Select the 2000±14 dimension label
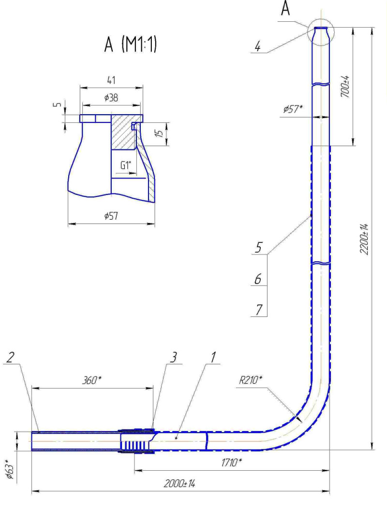(179, 484)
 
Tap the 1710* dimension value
(232, 462)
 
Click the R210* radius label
(250, 379)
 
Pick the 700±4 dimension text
(345, 87)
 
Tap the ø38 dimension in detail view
(111, 98)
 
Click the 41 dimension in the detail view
(111, 80)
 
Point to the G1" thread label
(126, 165)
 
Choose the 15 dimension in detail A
(160, 133)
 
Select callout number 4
(257, 47)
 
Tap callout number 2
(10, 358)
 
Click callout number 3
(174, 358)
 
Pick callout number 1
(213, 358)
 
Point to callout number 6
(258, 279)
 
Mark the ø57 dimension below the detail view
(111, 216)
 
